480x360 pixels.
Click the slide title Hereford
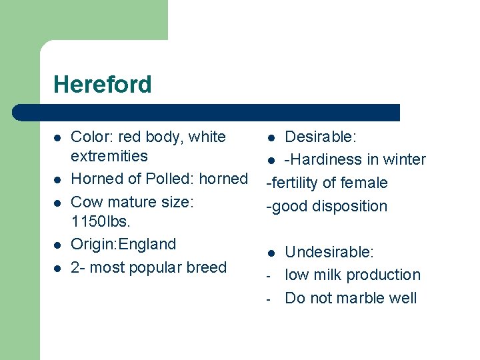tap(103, 85)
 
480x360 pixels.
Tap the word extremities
tap(109, 156)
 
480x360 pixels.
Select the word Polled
tap(175, 179)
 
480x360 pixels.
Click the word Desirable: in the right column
tap(321, 137)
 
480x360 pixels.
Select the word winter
tap(403, 160)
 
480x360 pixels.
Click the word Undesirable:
tap(329, 252)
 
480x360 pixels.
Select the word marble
tap(361, 298)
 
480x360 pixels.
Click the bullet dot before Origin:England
tap(58, 245)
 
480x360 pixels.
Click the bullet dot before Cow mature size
tap(58, 203)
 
